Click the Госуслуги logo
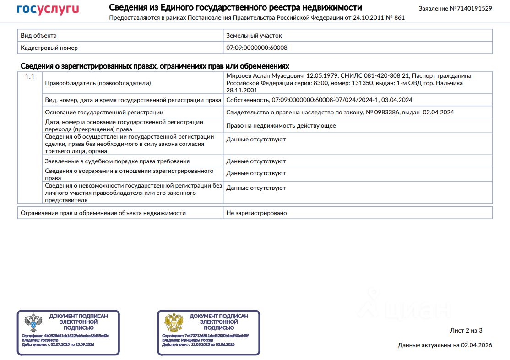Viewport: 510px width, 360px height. click(x=48, y=10)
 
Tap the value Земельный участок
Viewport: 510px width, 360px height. click(x=254, y=35)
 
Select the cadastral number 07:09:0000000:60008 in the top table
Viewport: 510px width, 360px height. click(x=257, y=48)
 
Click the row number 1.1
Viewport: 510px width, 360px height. click(x=30, y=77)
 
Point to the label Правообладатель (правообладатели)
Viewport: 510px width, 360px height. click(x=98, y=83)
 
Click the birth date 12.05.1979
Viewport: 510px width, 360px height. click(x=321, y=75)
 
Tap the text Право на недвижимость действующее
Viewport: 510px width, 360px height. click(x=281, y=125)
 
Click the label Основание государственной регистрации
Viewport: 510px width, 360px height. click(x=104, y=112)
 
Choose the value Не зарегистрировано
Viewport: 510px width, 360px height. click(x=256, y=213)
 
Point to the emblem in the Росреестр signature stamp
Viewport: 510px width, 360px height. click(x=33, y=323)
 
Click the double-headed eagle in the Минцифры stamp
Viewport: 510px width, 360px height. click(x=174, y=323)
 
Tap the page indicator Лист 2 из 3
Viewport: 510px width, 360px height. click(x=467, y=330)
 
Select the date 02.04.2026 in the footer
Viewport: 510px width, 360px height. click(x=477, y=345)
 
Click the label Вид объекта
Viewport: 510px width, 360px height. click(x=39, y=35)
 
